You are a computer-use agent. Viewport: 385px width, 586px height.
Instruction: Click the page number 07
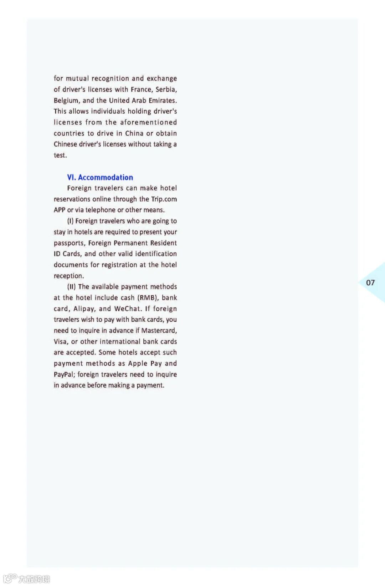pos(370,282)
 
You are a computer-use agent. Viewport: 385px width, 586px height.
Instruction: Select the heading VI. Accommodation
pos(100,177)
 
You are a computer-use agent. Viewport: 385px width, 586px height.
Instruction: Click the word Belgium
pos(66,100)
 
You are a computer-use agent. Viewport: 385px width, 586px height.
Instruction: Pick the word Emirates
pos(163,100)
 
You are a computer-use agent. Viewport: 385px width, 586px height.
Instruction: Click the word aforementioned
pos(148,122)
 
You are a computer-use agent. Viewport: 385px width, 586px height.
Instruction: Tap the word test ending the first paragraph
pos(60,155)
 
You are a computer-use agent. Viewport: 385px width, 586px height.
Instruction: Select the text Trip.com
pos(164,199)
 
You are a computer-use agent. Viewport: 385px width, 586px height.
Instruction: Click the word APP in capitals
pos(60,210)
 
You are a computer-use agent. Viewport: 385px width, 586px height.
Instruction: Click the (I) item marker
pos(70,221)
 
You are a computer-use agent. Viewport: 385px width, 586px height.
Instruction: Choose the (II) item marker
pos(71,286)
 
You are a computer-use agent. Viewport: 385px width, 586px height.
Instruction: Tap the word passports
pos(69,243)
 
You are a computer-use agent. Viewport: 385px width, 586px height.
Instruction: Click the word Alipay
pos(84,309)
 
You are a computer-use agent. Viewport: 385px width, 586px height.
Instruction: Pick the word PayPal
pos(64,374)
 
